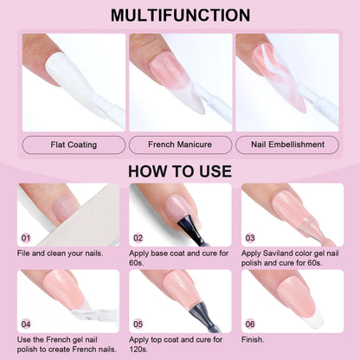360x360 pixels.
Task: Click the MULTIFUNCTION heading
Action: pyautogui.click(x=180, y=16)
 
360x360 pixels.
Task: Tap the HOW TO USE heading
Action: pyautogui.click(x=180, y=170)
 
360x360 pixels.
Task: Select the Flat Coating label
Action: pyautogui.click(x=74, y=145)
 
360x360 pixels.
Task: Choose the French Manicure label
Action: pyautogui.click(x=180, y=145)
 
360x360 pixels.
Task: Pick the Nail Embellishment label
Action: pyautogui.click(x=286, y=145)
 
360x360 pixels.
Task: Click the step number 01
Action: pyautogui.click(x=26, y=237)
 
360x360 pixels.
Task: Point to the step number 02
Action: pyautogui.click(x=138, y=237)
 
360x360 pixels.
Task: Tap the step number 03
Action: pyautogui.click(x=249, y=237)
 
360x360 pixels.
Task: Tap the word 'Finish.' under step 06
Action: pyautogui.click(x=257, y=340)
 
